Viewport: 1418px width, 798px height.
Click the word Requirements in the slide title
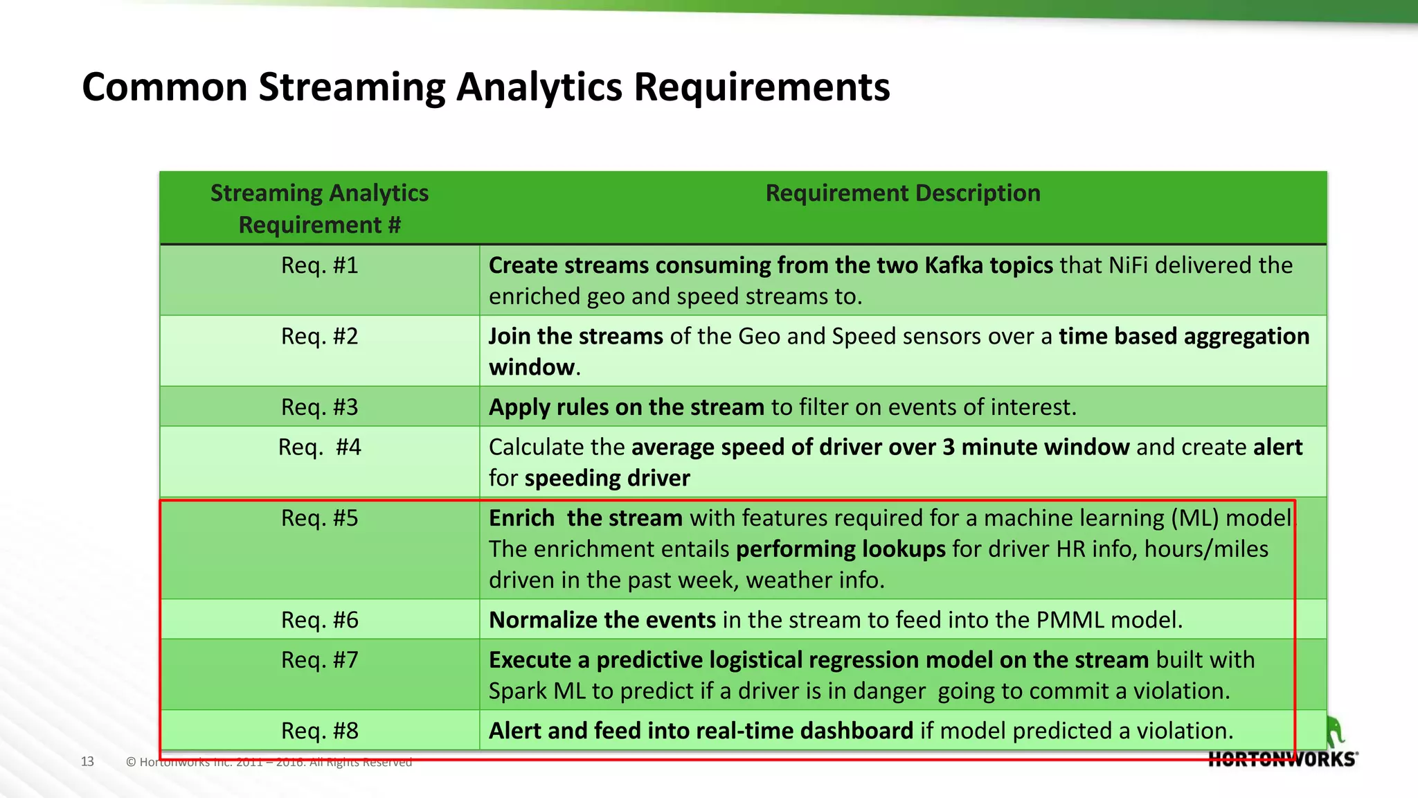click(762, 88)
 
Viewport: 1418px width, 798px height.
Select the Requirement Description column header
click(902, 193)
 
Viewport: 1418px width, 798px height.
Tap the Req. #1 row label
click(319, 265)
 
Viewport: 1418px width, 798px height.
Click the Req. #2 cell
click(319, 337)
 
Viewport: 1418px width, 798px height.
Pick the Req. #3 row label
click(319, 407)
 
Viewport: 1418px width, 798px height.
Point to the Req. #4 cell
click(319, 447)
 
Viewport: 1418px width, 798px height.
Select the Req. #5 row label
click(319, 518)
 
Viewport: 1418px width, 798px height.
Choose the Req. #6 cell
click(319, 620)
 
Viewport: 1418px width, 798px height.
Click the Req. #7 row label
click(319, 660)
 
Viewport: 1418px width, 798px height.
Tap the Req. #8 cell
click(319, 731)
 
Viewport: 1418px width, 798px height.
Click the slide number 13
click(87, 761)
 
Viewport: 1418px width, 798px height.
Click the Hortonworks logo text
click(1282, 759)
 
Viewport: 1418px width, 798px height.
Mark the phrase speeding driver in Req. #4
click(607, 479)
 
